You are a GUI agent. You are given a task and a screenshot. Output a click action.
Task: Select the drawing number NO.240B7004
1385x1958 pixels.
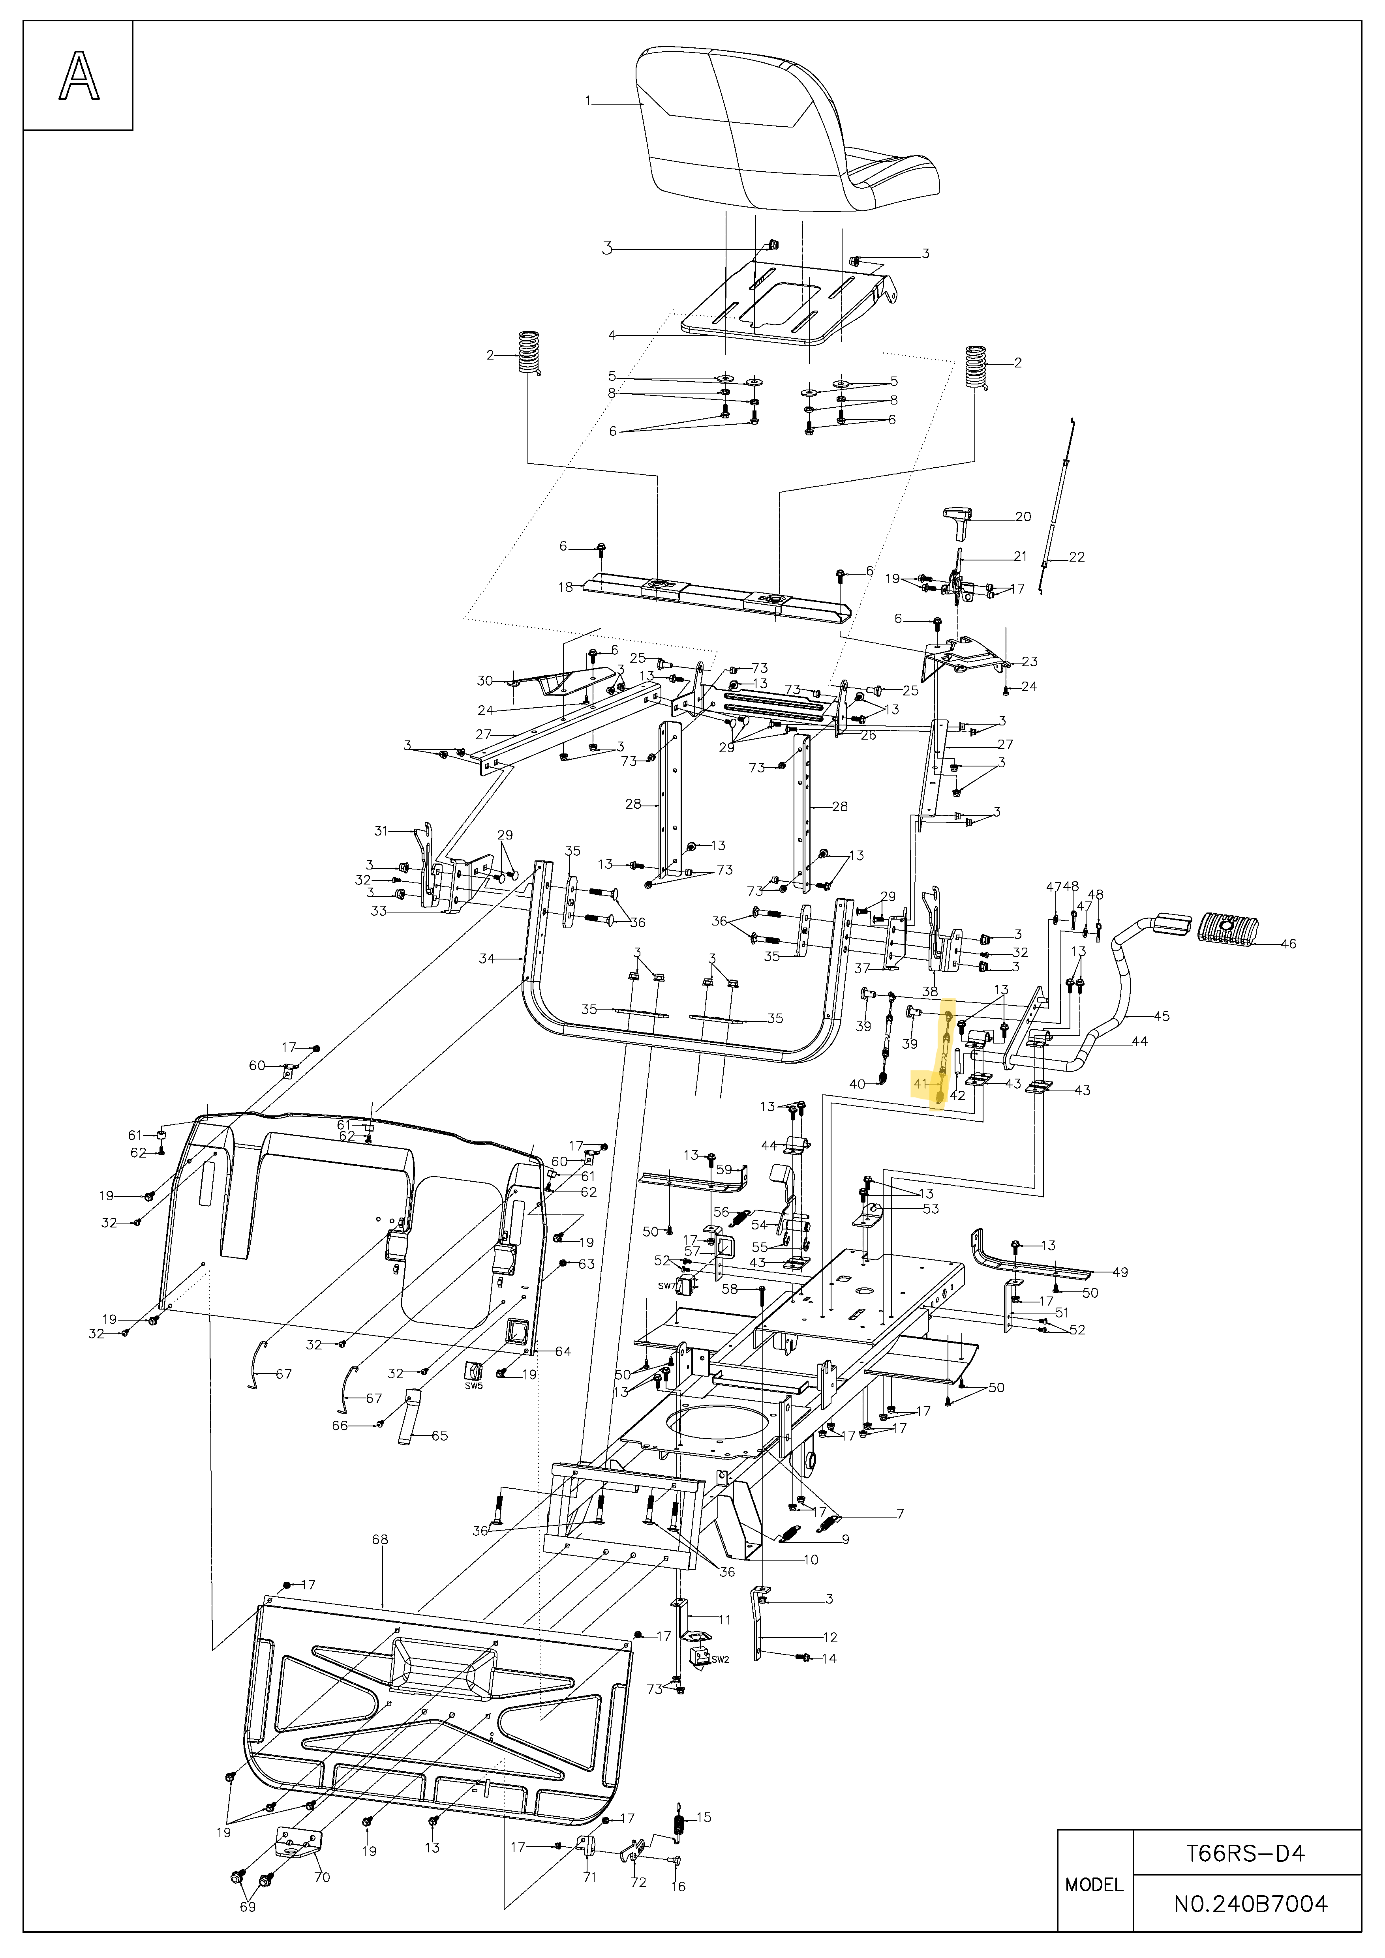pyautogui.click(x=1250, y=1904)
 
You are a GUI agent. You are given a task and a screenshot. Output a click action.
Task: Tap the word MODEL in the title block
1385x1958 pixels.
pyautogui.click(x=1094, y=1885)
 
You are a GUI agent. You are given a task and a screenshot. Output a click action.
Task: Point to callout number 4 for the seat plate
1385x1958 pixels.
pyautogui.click(x=612, y=335)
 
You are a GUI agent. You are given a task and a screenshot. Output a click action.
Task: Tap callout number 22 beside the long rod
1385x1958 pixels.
pyautogui.click(x=1077, y=557)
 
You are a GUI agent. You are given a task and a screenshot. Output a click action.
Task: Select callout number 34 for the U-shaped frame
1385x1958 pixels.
pyautogui.click(x=486, y=959)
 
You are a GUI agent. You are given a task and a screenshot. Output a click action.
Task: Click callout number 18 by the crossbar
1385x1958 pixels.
pyautogui.click(x=565, y=587)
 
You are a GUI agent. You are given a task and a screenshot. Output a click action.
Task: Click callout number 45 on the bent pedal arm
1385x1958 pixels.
pyautogui.click(x=1162, y=1016)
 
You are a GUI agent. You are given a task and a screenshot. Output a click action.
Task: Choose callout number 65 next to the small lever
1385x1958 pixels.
pyautogui.click(x=439, y=1435)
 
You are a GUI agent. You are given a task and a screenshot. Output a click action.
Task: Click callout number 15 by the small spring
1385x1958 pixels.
pyautogui.click(x=704, y=1817)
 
